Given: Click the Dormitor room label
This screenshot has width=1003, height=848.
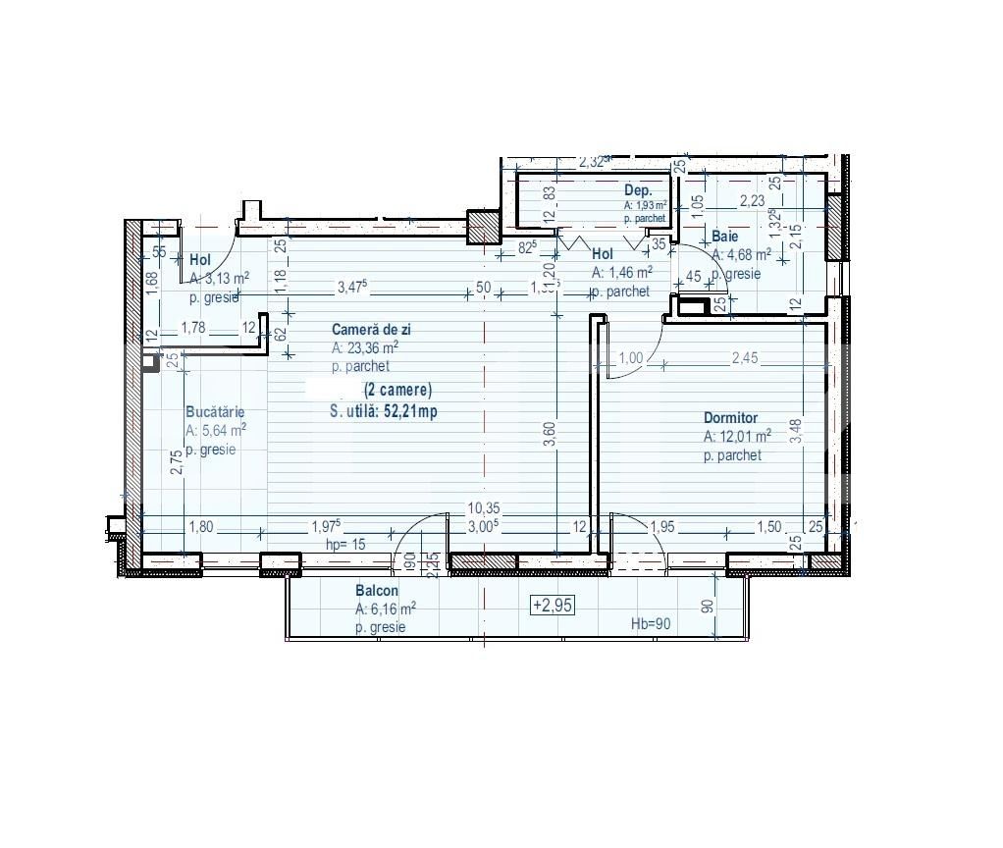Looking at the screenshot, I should click(x=730, y=418).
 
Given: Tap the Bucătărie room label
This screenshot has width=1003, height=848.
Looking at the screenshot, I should click(x=215, y=412).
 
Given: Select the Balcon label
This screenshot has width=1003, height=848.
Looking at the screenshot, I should click(x=377, y=591).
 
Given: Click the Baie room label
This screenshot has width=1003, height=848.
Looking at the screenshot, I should click(x=725, y=238).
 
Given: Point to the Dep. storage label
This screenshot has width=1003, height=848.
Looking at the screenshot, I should click(x=638, y=190).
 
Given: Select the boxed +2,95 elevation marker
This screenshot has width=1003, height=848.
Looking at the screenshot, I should click(x=552, y=606).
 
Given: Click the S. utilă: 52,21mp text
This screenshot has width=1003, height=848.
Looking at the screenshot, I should click(x=384, y=412).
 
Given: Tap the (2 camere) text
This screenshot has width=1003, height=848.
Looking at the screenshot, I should click(x=397, y=390).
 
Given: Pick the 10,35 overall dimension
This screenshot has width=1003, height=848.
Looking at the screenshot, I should click(x=485, y=508).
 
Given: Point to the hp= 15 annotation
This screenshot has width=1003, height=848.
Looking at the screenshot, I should click(x=345, y=544).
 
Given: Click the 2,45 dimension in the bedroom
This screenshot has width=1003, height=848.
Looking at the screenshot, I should click(x=746, y=359).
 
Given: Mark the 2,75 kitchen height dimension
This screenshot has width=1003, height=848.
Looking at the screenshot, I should click(x=176, y=462).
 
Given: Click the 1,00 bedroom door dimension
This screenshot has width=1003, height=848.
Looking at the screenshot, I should click(x=630, y=359).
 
